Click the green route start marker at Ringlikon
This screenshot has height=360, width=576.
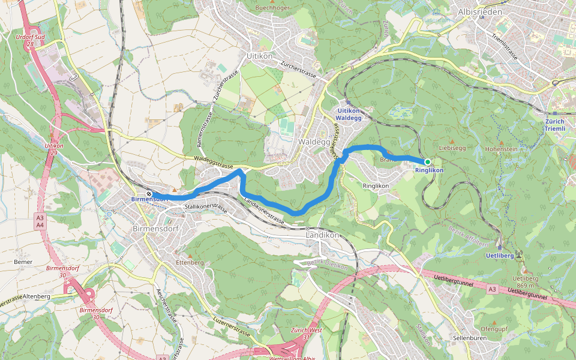tap(427, 162)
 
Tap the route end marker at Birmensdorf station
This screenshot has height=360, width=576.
tap(149, 194)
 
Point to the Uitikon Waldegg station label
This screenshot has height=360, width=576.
tap(349, 114)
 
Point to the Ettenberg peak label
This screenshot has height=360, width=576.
tap(191, 263)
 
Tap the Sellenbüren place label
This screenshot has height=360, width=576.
tap(469, 338)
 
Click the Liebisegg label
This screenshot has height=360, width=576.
tap(452, 147)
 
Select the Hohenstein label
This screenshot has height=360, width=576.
tap(501, 148)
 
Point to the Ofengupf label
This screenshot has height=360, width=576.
tap(494, 329)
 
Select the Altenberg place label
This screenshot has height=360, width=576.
tap(36, 296)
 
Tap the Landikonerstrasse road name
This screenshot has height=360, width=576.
tap(264, 212)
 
